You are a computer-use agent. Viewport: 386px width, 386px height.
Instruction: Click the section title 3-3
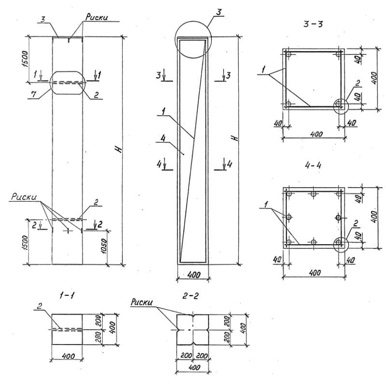(x=313, y=24)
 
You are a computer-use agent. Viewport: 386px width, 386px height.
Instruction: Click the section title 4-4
(x=313, y=165)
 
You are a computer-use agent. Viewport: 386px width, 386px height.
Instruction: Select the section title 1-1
(x=67, y=296)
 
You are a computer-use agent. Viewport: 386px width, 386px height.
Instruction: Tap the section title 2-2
(x=190, y=296)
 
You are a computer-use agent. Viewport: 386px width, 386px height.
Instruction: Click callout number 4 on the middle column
(x=163, y=138)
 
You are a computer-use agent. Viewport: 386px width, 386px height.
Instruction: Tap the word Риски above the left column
(x=96, y=17)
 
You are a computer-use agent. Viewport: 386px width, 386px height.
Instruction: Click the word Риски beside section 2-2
(x=141, y=303)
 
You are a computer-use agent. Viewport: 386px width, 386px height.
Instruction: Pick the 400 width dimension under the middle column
(x=194, y=275)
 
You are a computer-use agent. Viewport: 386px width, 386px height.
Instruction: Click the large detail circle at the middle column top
(x=193, y=21)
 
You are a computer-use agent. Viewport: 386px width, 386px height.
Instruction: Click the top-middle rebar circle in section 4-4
(x=313, y=194)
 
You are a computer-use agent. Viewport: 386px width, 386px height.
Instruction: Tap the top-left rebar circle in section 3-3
(x=289, y=54)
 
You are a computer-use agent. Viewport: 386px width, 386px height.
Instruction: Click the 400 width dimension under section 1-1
(x=68, y=356)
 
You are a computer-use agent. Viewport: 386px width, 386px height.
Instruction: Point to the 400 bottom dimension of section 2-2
(x=194, y=368)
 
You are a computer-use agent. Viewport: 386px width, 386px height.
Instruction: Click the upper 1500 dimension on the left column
(x=25, y=59)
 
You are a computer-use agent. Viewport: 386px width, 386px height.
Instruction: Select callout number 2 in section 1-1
(x=39, y=306)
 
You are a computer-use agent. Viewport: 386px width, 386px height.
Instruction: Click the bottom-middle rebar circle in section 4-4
(x=313, y=242)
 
